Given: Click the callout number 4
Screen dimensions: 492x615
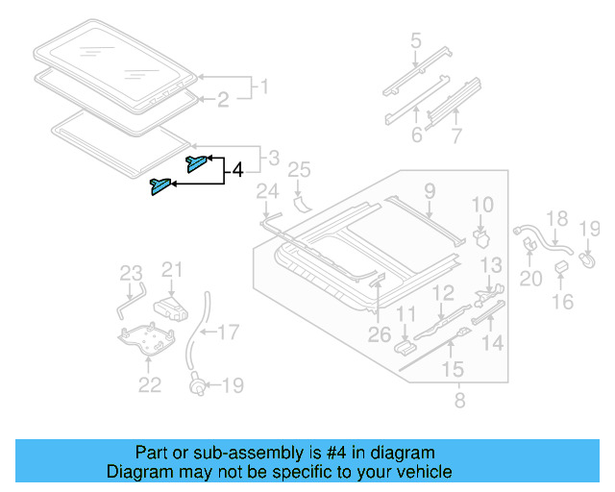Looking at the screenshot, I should (237, 173).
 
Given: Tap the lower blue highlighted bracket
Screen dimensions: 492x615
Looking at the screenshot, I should (159, 185).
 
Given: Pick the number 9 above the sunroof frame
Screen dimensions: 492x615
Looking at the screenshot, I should (430, 190).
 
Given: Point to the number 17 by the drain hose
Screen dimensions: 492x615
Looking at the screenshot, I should (228, 333).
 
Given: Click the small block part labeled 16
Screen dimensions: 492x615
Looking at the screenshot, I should (562, 280).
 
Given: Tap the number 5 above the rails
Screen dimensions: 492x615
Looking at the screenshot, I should (415, 41).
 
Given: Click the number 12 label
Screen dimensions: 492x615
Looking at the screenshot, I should (442, 293).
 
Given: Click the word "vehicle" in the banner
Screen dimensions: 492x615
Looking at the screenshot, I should (426, 472).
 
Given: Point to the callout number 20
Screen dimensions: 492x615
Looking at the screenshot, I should (530, 278).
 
